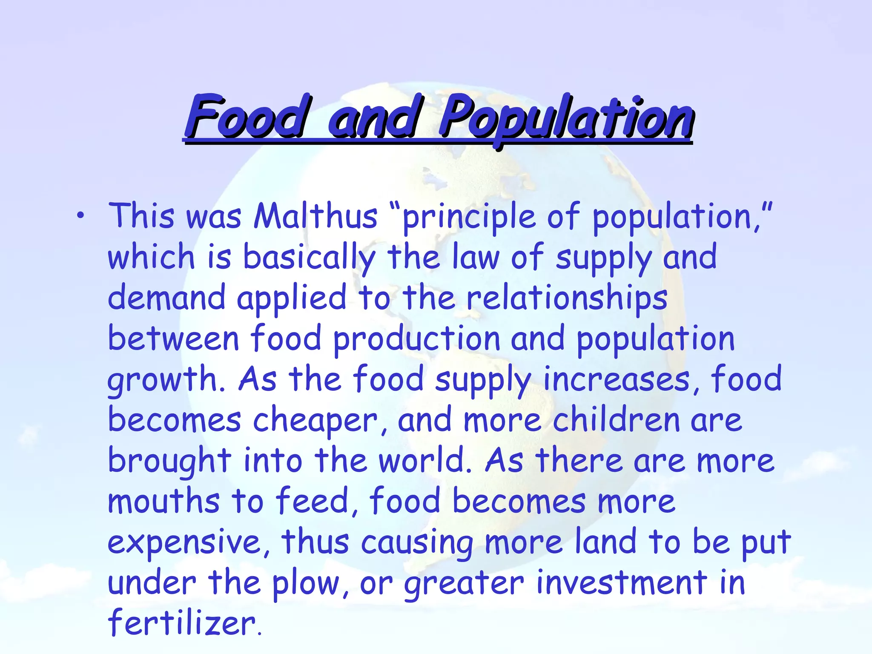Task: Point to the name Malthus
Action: pyautogui.click(x=315, y=216)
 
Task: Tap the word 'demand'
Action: pyautogui.click(x=166, y=298)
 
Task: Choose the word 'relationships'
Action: pyautogui.click(x=567, y=298)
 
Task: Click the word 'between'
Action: pyautogui.click(x=173, y=338)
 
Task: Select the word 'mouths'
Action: pyautogui.click(x=163, y=501)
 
